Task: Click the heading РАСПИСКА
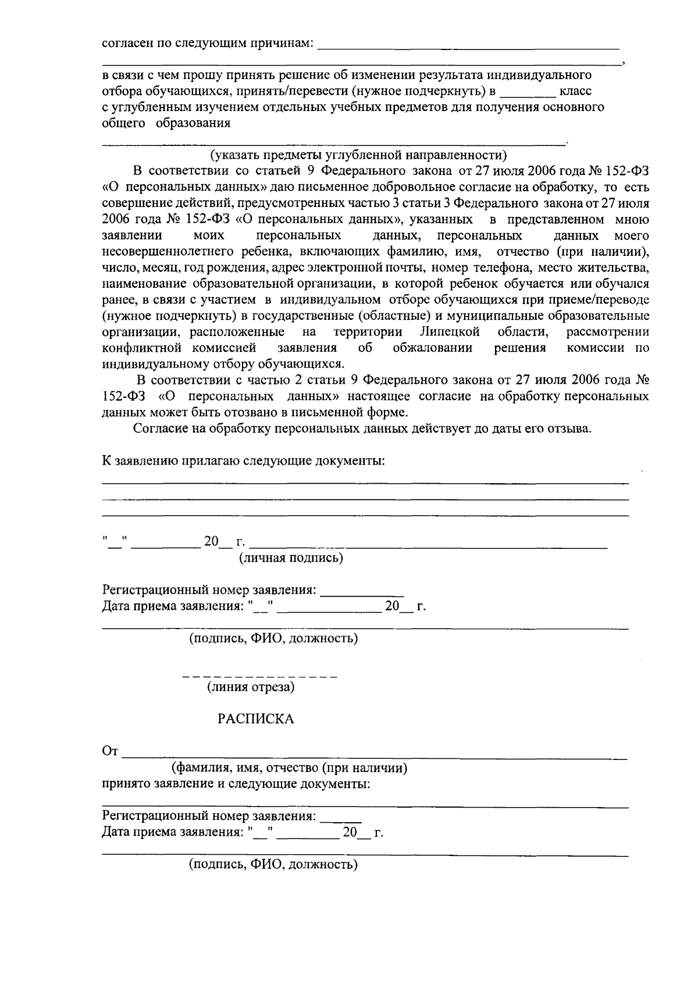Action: tap(256, 719)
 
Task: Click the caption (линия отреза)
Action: tap(251, 687)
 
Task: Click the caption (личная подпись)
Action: tap(291, 558)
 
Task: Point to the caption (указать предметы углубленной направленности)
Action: tap(358, 155)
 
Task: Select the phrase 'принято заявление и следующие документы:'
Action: tap(236, 783)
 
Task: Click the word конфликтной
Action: tap(138, 348)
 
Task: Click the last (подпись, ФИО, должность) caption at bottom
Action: tap(273, 864)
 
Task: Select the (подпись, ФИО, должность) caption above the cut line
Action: tap(273, 638)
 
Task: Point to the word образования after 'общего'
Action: tap(193, 123)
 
